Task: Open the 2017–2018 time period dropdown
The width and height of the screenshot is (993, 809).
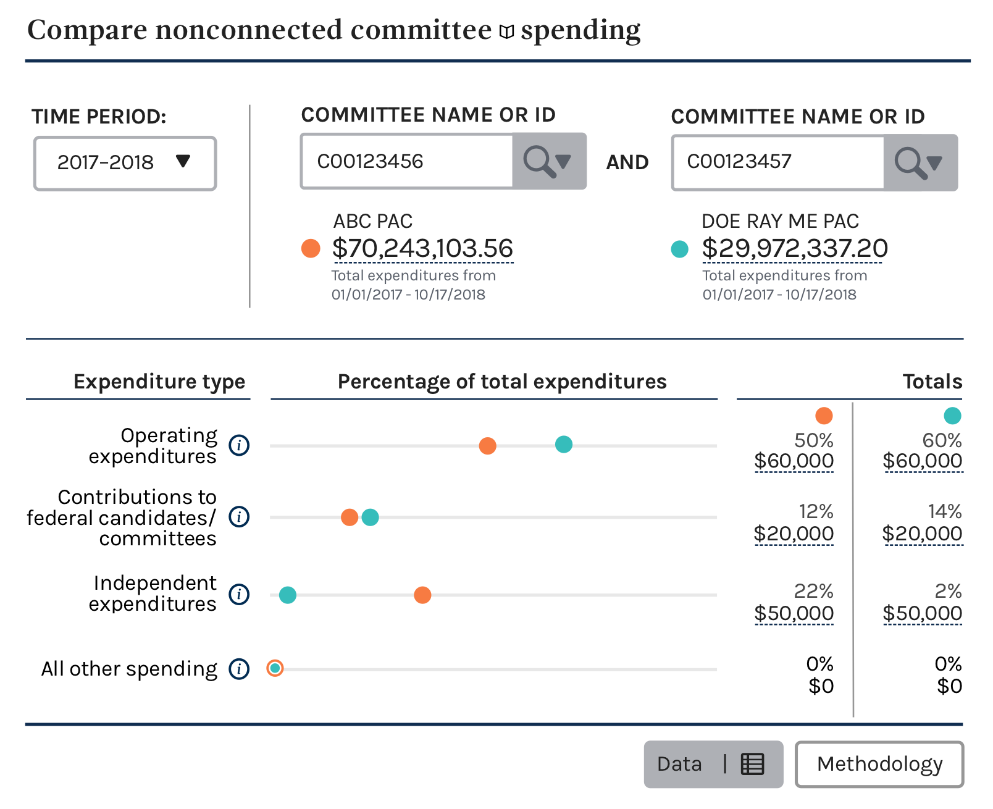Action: (125, 163)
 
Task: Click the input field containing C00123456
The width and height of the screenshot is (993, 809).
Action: (407, 161)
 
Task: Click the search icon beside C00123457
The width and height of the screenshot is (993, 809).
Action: (920, 163)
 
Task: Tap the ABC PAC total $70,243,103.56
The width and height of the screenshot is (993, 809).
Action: (422, 248)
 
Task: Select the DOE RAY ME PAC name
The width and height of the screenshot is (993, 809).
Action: (780, 221)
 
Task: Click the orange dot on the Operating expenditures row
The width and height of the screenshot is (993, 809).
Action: (488, 446)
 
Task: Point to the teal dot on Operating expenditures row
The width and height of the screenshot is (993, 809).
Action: (564, 445)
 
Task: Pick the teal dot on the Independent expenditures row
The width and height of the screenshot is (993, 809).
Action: (288, 595)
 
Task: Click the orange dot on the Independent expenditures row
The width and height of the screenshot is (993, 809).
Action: (422, 595)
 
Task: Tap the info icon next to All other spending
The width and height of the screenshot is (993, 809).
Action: (239, 669)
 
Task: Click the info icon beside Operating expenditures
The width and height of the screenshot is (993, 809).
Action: (239, 445)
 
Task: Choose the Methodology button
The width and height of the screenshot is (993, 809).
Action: (879, 765)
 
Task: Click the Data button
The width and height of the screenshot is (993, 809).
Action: (713, 765)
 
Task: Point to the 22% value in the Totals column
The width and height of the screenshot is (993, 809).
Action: (813, 591)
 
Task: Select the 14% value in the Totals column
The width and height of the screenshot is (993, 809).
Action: (944, 511)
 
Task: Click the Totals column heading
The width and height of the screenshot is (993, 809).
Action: (932, 382)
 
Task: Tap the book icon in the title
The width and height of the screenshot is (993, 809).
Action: (506, 31)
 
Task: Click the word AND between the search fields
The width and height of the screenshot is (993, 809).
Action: (627, 162)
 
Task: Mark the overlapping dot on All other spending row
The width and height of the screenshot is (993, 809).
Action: (275, 668)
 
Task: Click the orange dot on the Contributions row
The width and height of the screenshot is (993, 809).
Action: (349, 517)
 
